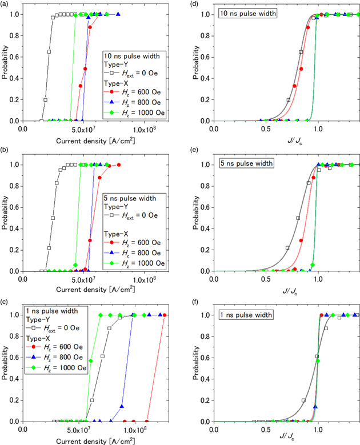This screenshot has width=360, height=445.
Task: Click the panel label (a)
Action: [x=6, y=4]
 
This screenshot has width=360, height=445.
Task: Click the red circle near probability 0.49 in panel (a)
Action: [x=85, y=69]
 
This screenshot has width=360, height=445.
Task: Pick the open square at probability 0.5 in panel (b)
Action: [x=53, y=218]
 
